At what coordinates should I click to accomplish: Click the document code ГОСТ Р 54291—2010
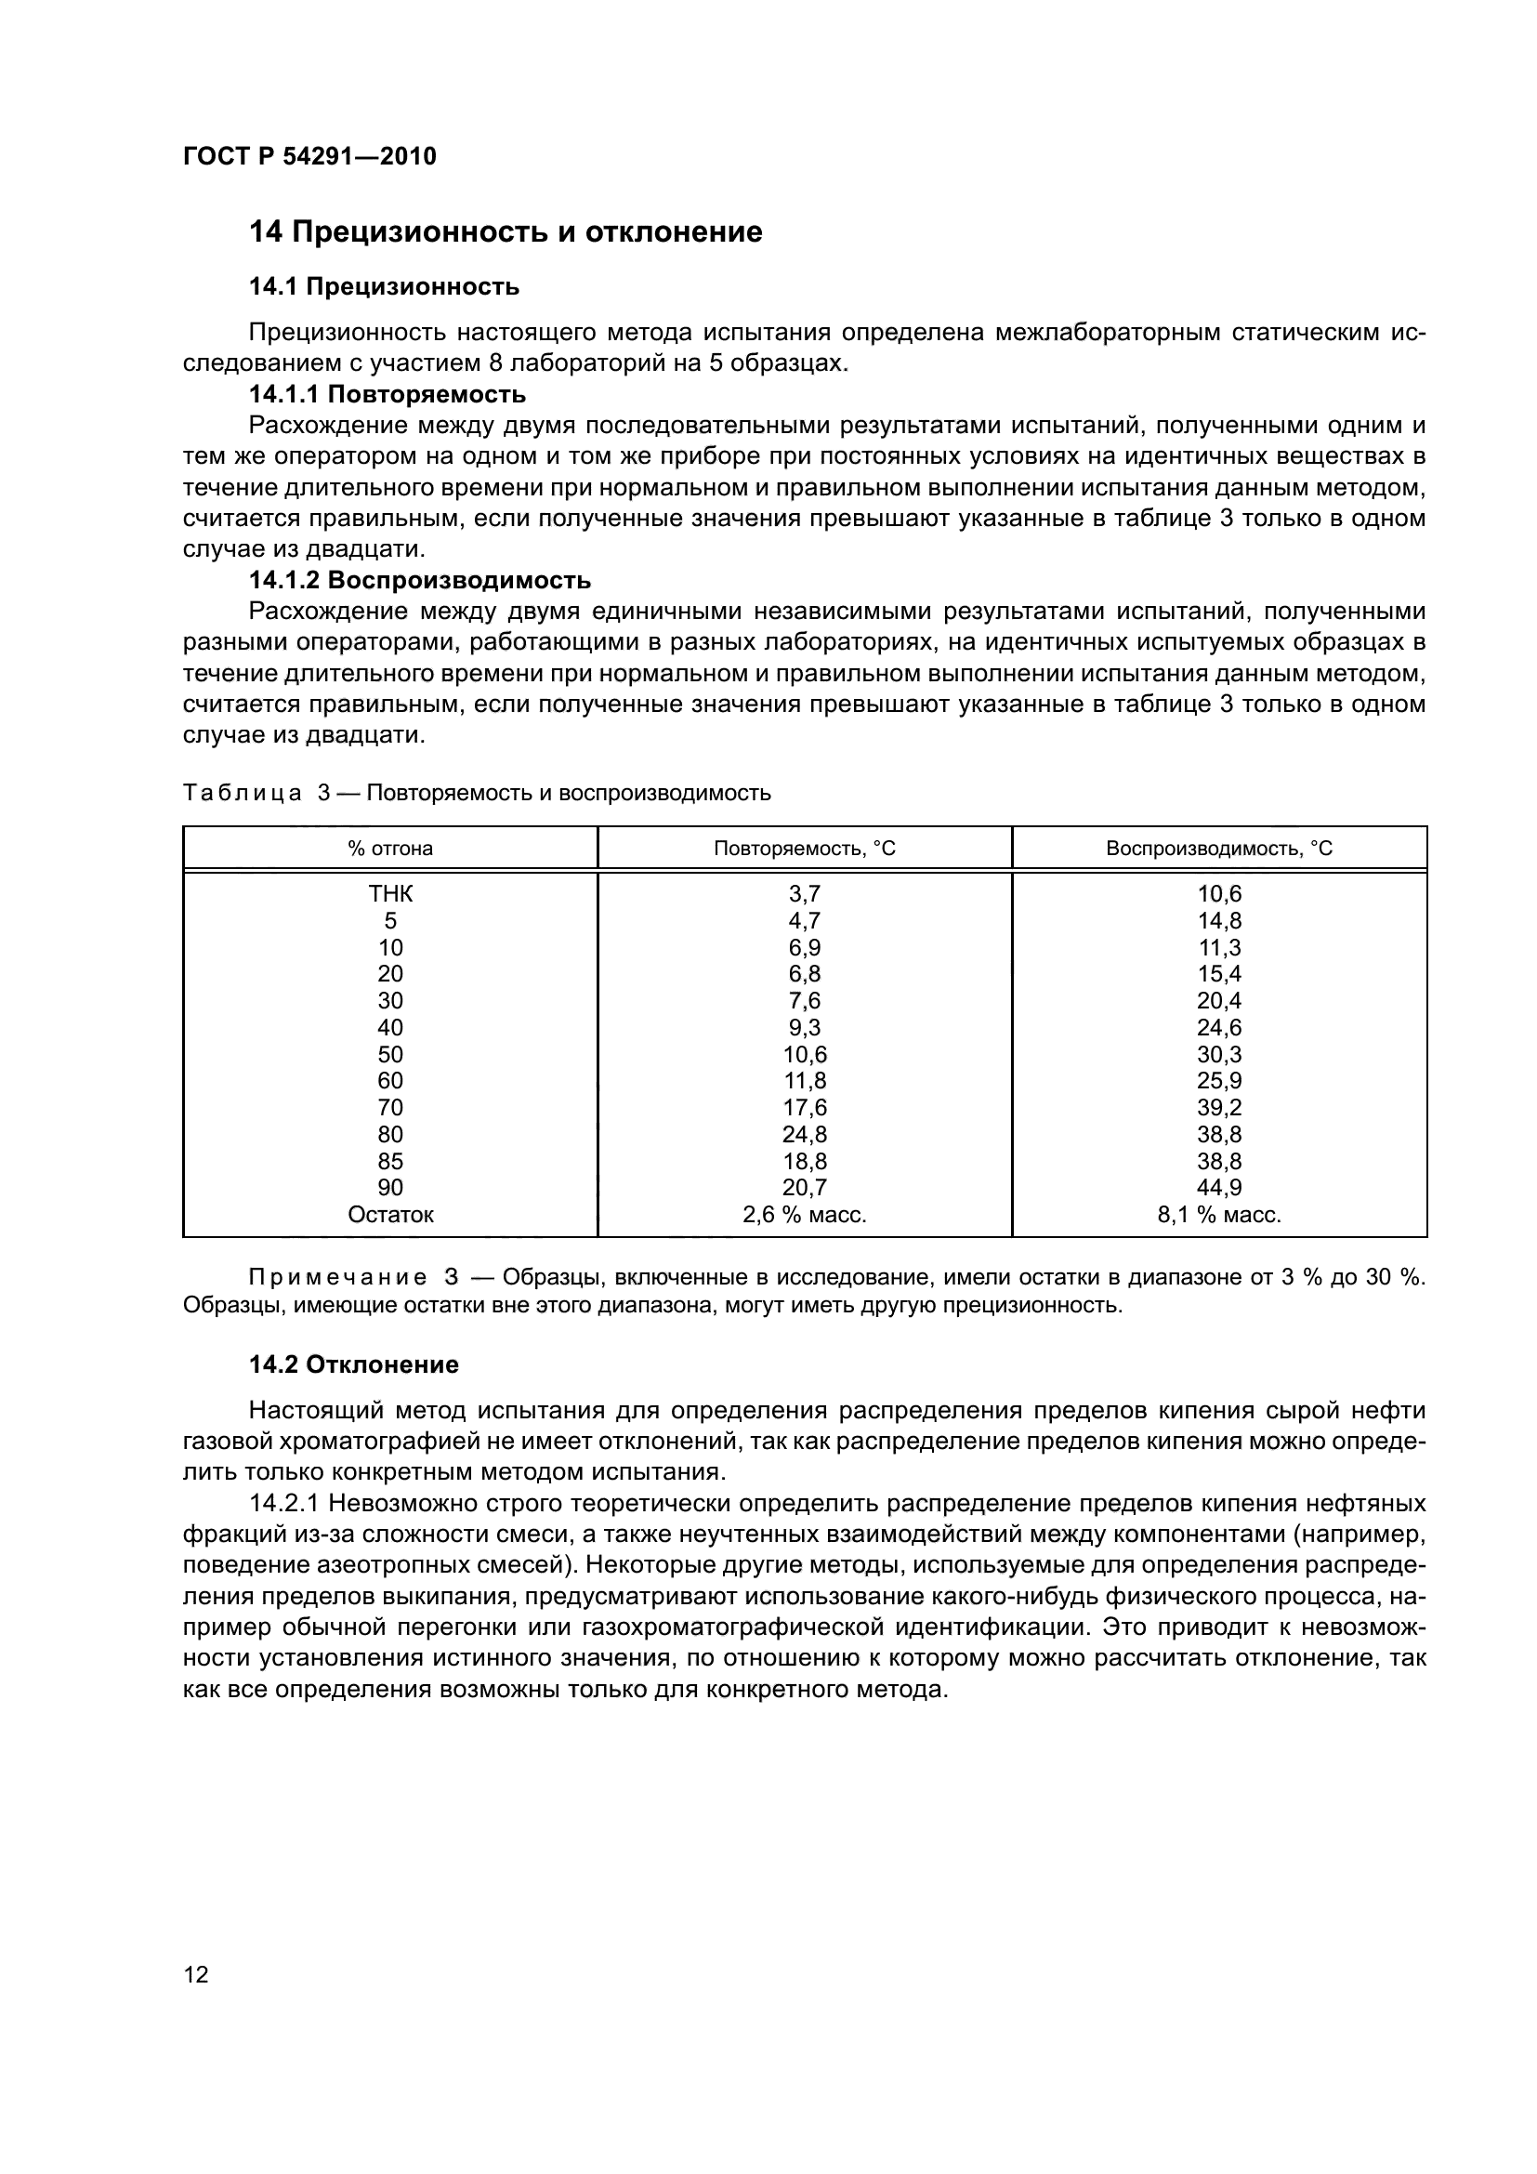(309, 157)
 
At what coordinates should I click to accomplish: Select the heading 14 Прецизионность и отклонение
(506, 232)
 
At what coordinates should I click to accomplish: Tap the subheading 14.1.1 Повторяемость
(388, 394)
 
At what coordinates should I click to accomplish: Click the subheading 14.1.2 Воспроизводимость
(419, 579)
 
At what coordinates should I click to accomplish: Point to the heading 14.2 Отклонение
(353, 1364)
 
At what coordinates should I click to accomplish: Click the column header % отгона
(390, 849)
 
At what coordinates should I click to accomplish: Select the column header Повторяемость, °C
(805, 849)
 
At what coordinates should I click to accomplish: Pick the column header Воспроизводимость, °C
(1219, 849)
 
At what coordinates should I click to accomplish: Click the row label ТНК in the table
(390, 894)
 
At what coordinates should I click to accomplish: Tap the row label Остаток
(390, 1215)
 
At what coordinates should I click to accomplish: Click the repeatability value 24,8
(805, 1134)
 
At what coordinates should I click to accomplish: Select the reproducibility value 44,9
(1219, 1187)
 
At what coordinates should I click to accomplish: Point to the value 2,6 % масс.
(805, 1215)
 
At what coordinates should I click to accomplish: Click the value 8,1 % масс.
(1219, 1215)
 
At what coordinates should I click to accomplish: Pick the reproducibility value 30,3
(1219, 1054)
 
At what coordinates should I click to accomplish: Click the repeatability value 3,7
(805, 894)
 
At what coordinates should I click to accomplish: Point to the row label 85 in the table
(390, 1161)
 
